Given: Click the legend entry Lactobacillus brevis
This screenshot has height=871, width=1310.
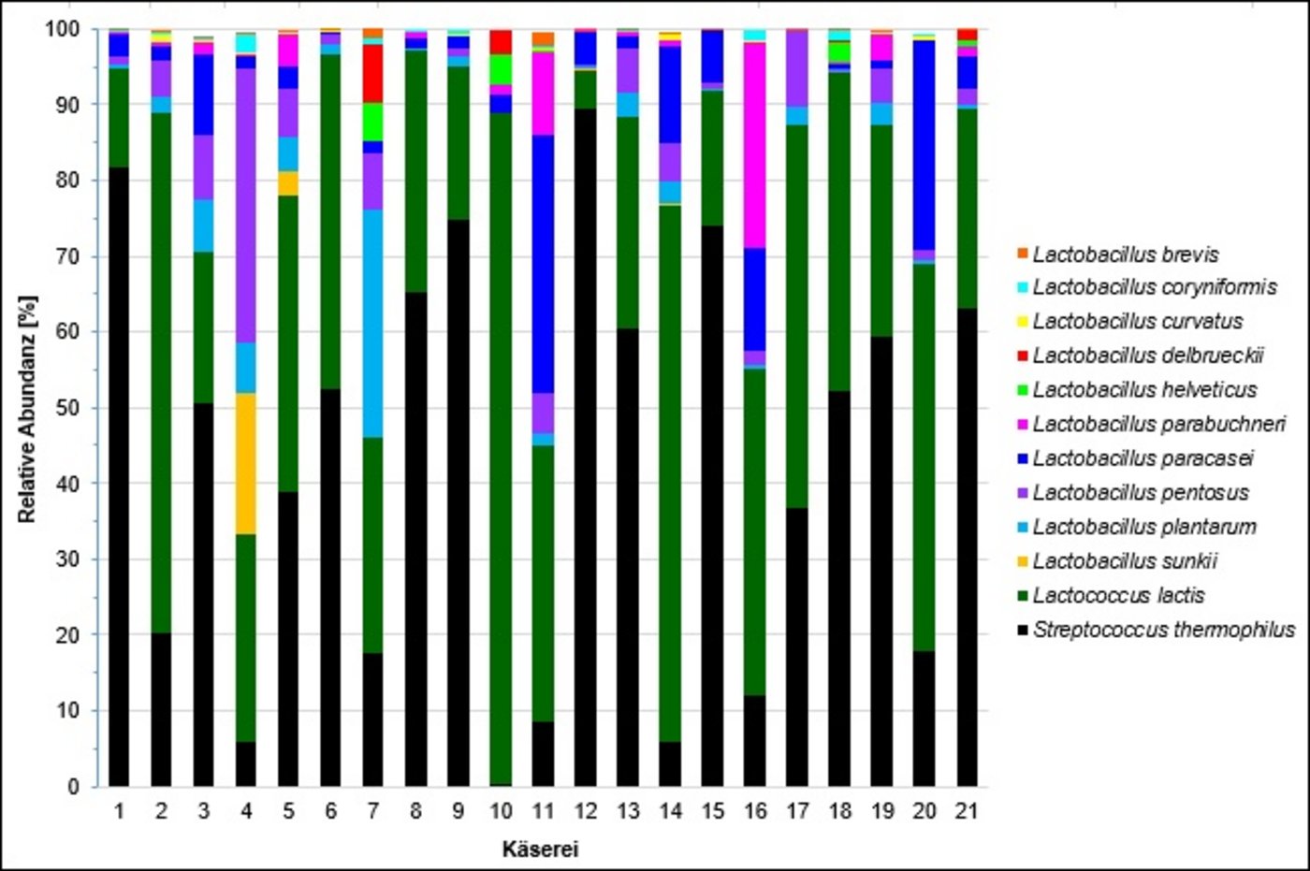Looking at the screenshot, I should click(x=1125, y=254).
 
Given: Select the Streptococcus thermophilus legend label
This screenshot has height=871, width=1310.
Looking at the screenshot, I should click(x=1163, y=630).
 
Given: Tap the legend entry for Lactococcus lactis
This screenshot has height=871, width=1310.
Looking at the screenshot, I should click(x=1118, y=596).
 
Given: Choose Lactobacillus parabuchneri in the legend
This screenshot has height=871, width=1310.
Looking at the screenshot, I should click(x=1158, y=425).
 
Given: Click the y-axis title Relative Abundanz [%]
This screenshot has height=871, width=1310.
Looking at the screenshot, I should click(x=27, y=409).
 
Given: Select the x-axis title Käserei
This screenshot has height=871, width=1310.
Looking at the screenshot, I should click(x=540, y=849).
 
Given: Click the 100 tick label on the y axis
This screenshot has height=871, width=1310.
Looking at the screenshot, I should click(x=64, y=29).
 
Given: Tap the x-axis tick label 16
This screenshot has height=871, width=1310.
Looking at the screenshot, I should click(x=754, y=811).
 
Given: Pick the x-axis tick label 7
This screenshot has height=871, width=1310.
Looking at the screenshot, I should click(x=373, y=811).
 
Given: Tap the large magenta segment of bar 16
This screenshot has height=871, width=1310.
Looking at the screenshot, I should click(x=754, y=145).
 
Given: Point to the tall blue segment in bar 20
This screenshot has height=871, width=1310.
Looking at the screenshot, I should click(x=924, y=145).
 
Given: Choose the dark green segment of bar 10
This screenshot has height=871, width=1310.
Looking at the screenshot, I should click(x=501, y=449).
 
